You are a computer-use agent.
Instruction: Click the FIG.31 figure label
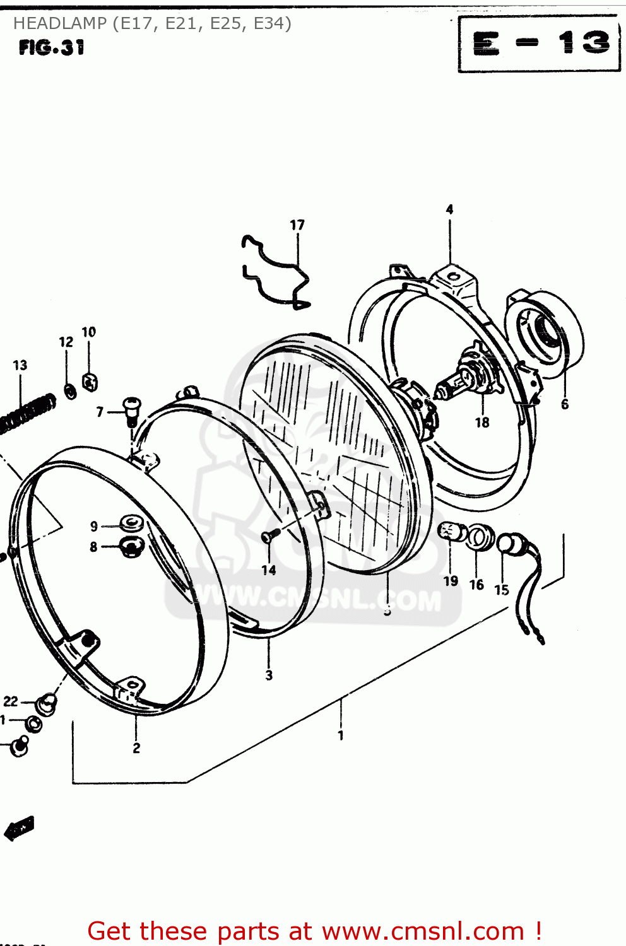pyautogui.click(x=51, y=48)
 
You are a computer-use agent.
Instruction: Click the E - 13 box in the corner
pyautogui.click(x=540, y=44)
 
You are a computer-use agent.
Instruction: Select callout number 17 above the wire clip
pyautogui.click(x=297, y=225)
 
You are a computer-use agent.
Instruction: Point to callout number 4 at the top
pyautogui.click(x=449, y=209)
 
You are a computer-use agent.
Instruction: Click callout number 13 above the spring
pyautogui.click(x=20, y=365)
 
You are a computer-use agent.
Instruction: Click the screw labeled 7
pyautogui.click(x=131, y=409)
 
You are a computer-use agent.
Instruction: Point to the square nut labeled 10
pyautogui.click(x=90, y=382)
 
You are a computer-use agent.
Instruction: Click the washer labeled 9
pyautogui.click(x=131, y=523)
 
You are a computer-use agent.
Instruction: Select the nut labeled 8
pyautogui.click(x=131, y=546)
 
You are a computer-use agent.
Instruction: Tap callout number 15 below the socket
pyautogui.click(x=502, y=590)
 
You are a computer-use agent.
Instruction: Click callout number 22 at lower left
pyautogui.click(x=11, y=701)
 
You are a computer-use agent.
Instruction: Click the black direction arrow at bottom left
pyautogui.click(x=19, y=827)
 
